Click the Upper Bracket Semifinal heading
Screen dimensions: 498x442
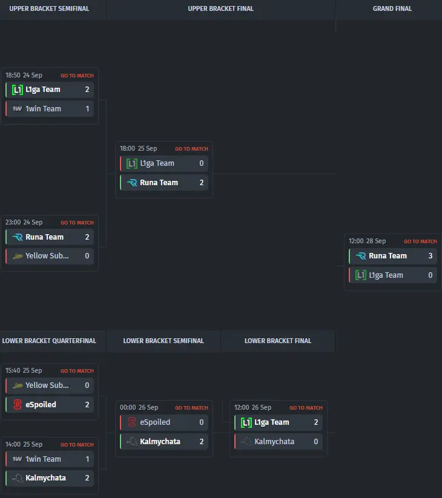tap(49, 8)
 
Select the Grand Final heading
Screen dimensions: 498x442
tap(392, 8)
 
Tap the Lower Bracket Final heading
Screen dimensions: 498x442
tap(278, 341)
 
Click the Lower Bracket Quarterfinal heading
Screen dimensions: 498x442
tap(49, 341)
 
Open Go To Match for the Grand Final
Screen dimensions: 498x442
tap(420, 241)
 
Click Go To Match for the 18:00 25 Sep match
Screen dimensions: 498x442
tap(191, 149)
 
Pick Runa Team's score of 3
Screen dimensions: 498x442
tap(430, 256)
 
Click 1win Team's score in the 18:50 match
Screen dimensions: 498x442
tap(87, 109)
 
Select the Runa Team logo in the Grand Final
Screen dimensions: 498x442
tap(361, 256)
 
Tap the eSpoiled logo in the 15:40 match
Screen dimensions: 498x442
tap(17, 405)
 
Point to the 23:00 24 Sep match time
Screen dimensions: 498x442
tap(24, 223)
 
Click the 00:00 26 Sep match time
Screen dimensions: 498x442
tap(139, 408)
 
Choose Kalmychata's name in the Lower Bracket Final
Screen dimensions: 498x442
tap(274, 442)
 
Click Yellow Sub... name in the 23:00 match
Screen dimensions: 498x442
tap(47, 256)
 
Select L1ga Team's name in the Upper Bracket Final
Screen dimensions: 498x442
tap(157, 163)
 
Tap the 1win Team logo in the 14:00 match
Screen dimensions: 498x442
tap(17, 459)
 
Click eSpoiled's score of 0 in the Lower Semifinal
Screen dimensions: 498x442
tap(202, 422)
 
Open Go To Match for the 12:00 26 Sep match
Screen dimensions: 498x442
tap(306, 408)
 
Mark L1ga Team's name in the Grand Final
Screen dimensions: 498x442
tap(386, 275)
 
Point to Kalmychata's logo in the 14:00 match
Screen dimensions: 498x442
tap(17, 478)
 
